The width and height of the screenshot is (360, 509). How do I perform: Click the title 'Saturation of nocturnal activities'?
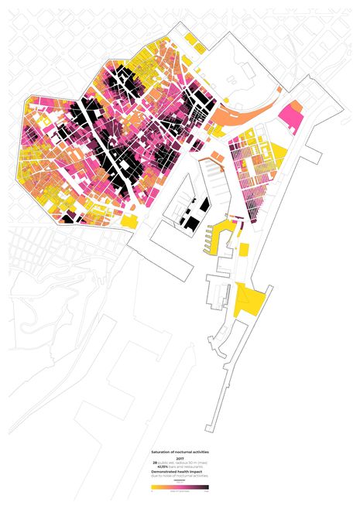(180, 450)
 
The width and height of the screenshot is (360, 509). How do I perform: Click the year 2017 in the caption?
(180, 458)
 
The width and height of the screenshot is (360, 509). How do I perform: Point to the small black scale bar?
(180, 482)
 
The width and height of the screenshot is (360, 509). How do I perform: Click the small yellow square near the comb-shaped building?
(243, 248)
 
